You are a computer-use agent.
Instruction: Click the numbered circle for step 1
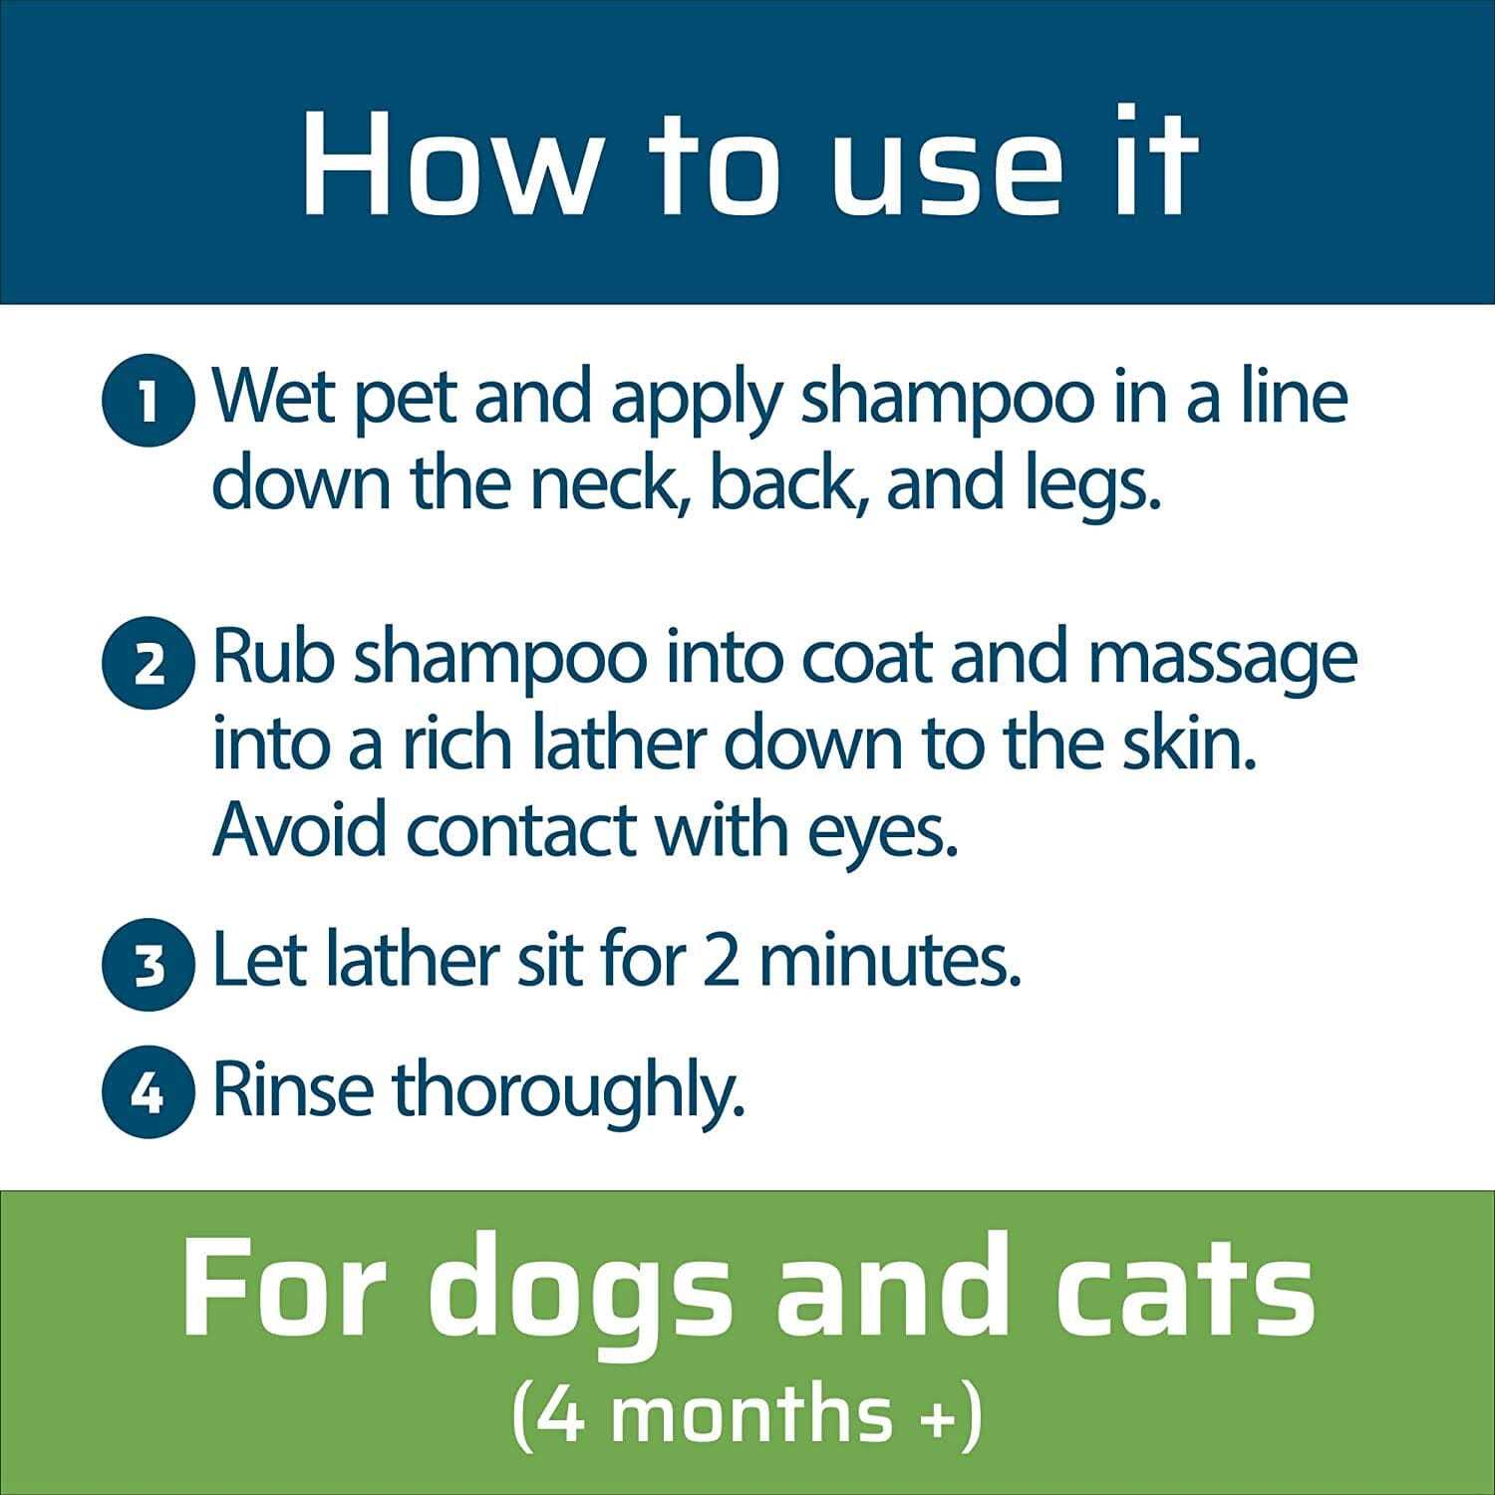coord(148,406)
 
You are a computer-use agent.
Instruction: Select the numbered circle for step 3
coord(148,966)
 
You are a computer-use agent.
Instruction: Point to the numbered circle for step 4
coord(148,1094)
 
